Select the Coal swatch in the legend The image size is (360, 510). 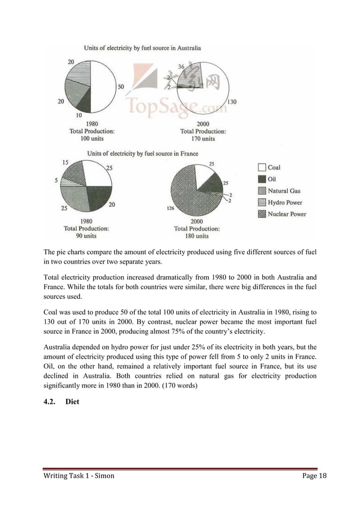pyautogui.click(x=262, y=168)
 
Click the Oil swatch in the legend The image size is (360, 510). pyautogui.click(x=262, y=179)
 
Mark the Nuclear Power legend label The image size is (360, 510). pyautogui.click(x=288, y=214)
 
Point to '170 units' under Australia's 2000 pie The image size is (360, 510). pyautogui.click(x=201, y=138)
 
